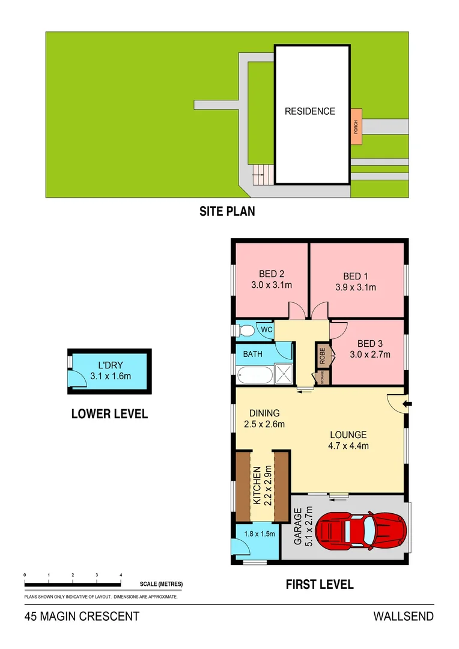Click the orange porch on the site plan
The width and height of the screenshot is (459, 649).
point(356,126)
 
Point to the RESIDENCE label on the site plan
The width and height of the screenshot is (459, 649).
point(309,111)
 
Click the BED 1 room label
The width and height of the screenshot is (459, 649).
point(356,276)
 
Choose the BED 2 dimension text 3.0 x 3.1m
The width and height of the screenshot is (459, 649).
point(272,285)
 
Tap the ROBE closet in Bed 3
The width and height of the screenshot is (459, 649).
point(323,356)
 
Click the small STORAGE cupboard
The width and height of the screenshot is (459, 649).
point(323,377)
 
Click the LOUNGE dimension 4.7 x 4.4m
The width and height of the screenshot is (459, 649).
point(348,445)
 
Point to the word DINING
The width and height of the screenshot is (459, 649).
point(264,413)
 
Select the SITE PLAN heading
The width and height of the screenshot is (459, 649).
point(227,212)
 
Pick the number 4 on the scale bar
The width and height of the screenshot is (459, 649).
point(121,575)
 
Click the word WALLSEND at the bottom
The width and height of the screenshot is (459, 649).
point(403,617)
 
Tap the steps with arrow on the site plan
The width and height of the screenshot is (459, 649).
point(260,175)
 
